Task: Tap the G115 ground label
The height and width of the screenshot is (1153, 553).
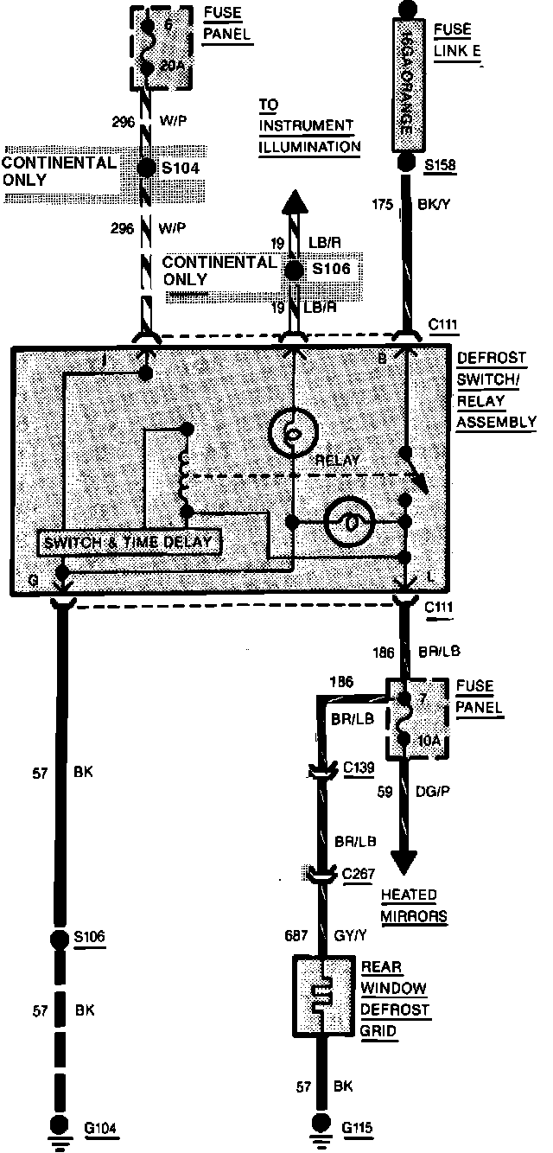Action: click(360, 1127)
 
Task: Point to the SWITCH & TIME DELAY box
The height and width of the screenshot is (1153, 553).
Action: click(130, 542)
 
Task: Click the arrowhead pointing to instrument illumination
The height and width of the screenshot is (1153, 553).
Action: click(294, 203)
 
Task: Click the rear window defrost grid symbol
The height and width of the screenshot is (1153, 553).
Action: click(321, 994)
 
